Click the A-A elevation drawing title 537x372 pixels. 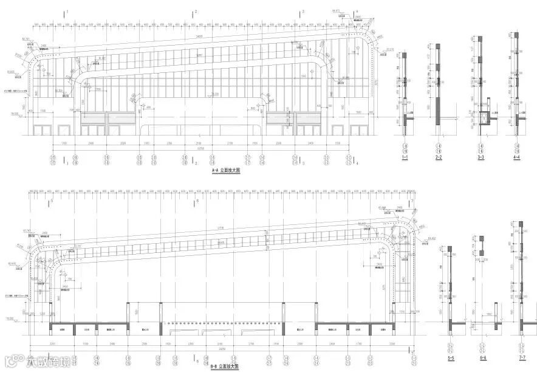click(226, 172)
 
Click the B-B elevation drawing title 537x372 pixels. click(225, 367)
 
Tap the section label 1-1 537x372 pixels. click(405, 157)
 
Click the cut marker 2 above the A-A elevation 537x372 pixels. click(196, 12)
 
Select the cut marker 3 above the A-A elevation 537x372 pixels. click(302, 12)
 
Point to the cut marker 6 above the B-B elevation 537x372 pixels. click(197, 202)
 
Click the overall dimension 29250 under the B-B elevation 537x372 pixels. click(222, 348)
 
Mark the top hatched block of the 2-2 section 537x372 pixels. click(436, 47)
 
